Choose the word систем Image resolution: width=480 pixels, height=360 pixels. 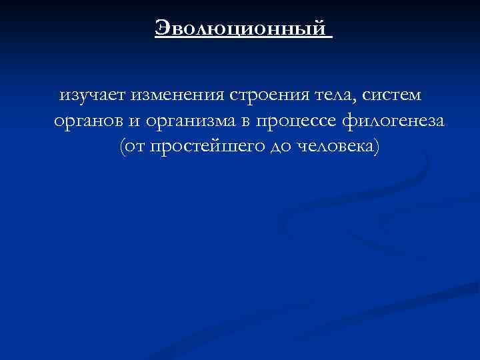pyautogui.click(x=391, y=97)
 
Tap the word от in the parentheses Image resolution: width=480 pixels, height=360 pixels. pyautogui.click(x=135, y=147)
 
